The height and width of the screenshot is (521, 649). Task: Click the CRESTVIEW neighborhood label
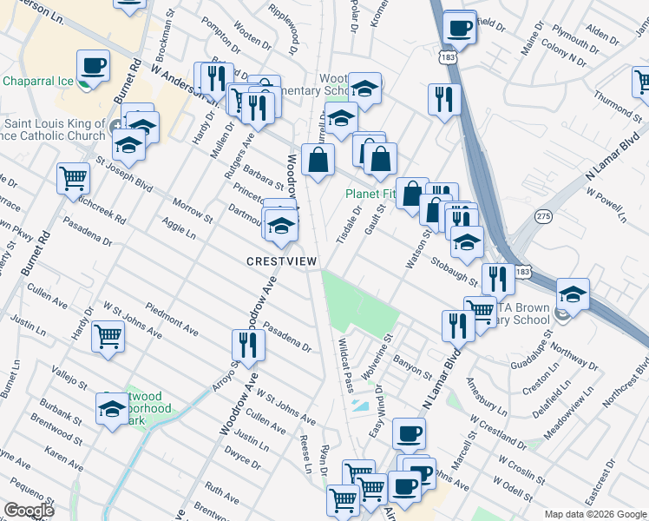point(282,260)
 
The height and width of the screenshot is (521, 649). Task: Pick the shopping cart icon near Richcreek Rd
point(74,178)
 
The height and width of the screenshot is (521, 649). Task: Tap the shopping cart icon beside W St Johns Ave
point(108,334)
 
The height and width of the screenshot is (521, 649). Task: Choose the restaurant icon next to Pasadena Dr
point(249,345)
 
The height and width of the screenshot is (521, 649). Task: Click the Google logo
point(28,511)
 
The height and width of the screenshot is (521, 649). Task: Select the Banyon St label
point(412,367)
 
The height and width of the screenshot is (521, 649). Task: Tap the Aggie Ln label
point(179,229)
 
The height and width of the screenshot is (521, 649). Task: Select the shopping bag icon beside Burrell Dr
point(319,160)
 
